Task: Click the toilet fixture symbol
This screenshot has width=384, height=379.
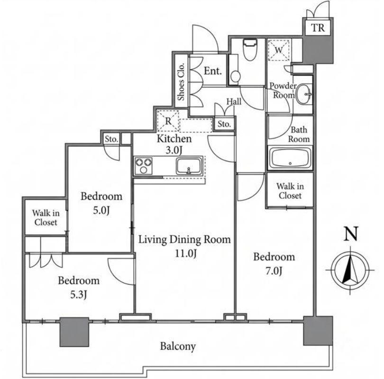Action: (250, 49)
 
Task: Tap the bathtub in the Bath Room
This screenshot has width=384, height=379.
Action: (290, 158)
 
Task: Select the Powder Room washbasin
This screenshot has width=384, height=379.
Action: (304, 94)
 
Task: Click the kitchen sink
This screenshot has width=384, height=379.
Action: (189, 166)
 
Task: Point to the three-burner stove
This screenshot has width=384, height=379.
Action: (143, 166)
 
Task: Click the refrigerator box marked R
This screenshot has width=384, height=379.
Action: (168, 121)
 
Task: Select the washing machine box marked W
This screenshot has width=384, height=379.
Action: (279, 50)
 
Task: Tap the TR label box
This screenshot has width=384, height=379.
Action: (318, 27)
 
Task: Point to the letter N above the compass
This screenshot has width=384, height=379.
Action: (351, 234)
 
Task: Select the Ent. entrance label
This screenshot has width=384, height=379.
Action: (212, 71)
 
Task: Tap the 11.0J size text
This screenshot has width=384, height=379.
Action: (185, 253)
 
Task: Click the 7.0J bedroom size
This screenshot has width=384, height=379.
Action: (274, 271)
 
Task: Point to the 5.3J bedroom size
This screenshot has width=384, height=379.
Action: (79, 295)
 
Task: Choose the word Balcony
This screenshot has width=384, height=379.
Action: (178, 346)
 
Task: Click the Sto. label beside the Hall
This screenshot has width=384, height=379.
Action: (224, 124)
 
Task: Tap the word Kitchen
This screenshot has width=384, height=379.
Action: (174, 139)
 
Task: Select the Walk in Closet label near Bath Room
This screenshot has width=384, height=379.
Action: (290, 191)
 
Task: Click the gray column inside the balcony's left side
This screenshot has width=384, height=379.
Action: (74, 332)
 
